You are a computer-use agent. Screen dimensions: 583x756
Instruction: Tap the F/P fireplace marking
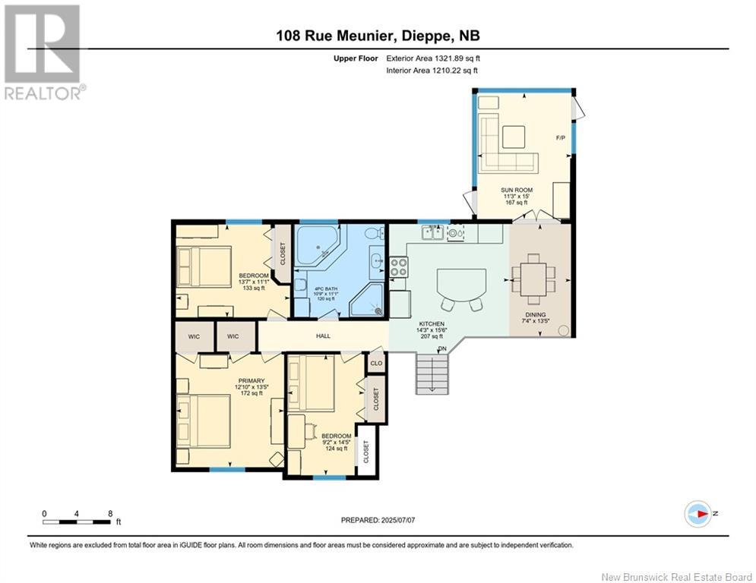[x=560, y=137]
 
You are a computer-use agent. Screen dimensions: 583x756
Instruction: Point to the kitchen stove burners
[x=399, y=266]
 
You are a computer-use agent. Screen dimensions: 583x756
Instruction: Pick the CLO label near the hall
[x=376, y=363]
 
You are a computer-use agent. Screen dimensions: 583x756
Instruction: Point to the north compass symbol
[x=697, y=513]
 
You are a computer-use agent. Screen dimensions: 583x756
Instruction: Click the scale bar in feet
[x=78, y=522]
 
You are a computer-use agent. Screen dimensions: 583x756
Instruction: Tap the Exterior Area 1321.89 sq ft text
[x=432, y=58]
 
